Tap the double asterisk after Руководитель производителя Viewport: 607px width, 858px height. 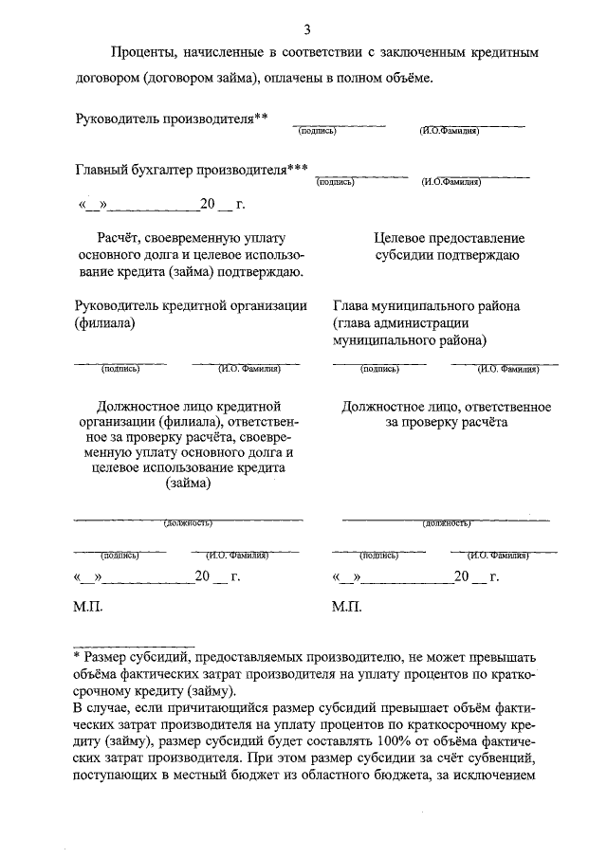262,117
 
